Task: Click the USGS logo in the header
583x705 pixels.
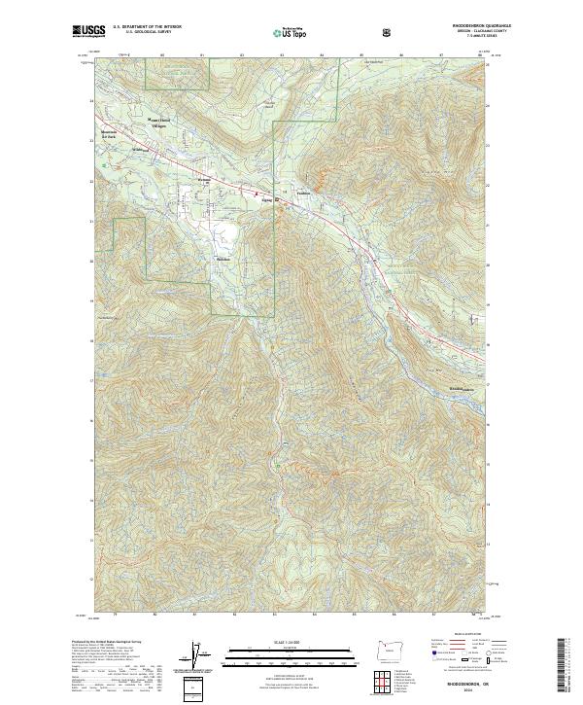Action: coord(88,32)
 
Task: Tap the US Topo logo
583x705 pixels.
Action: coord(289,33)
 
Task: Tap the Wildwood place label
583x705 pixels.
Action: coord(138,151)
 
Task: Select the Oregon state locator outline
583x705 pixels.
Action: coord(390,649)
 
